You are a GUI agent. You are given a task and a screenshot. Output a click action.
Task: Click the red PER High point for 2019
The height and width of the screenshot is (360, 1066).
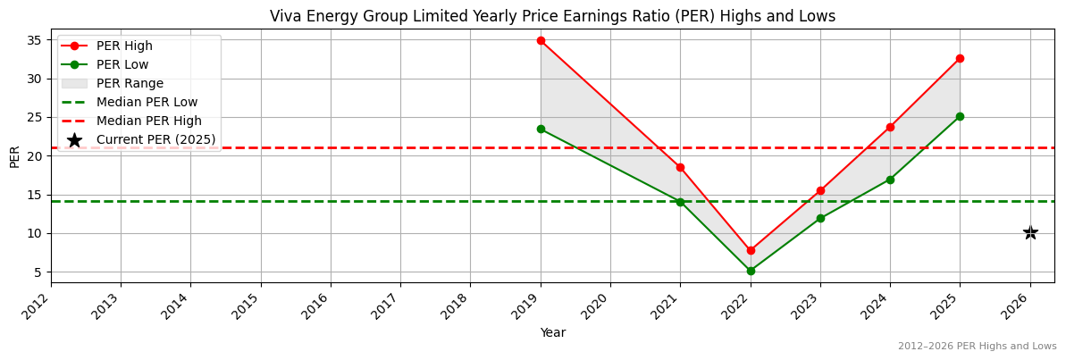(x=541, y=40)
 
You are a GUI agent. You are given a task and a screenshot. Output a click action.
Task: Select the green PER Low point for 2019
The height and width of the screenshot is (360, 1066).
(x=541, y=129)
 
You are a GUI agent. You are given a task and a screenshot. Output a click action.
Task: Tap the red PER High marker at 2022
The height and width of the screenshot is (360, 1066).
(x=751, y=250)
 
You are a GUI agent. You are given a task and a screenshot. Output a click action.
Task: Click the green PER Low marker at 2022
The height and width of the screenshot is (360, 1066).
(x=751, y=271)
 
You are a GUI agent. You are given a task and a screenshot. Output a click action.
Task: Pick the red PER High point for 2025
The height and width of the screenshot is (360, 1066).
(x=960, y=58)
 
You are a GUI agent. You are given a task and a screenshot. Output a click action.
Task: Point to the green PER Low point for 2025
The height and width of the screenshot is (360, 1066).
(x=960, y=116)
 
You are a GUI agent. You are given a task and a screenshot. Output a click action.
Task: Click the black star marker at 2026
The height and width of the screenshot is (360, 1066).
(x=1030, y=233)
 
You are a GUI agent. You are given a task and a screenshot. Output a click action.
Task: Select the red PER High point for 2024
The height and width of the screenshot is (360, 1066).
(x=890, y=127)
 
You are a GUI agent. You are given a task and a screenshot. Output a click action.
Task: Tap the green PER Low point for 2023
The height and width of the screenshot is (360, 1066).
(x=820, y=218)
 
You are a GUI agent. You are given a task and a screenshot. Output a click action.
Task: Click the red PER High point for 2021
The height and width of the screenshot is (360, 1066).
(x=680, y=167)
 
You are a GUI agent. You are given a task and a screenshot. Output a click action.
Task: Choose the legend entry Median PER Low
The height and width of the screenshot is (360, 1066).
(x=147, y=102)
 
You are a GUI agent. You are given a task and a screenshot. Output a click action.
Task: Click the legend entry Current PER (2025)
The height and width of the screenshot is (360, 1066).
(x=155, y=139)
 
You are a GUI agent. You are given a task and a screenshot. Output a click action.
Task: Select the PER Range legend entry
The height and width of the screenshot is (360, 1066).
(x=130, y=83)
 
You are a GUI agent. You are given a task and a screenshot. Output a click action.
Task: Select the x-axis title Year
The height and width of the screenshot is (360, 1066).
(x=552, y=333)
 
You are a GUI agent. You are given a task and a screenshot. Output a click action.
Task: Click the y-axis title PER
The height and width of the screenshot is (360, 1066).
(x=15, y=156)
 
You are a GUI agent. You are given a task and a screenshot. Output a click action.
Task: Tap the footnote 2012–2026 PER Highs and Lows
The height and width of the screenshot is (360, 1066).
(x=977, y=347)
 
